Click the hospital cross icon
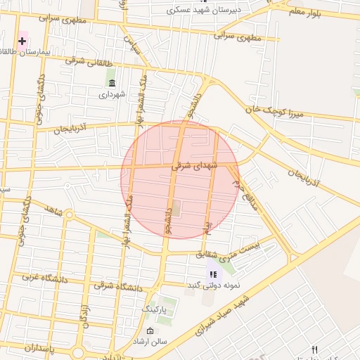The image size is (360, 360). (x=22, y=41)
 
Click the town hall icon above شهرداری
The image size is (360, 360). (x=112, y=83)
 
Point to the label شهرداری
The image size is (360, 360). (x=112, y=94)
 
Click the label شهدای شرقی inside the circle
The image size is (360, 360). (x=195, y=166)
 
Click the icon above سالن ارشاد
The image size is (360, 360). (x=150, y=330)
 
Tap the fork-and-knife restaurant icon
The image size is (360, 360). (x=314, y=349)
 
